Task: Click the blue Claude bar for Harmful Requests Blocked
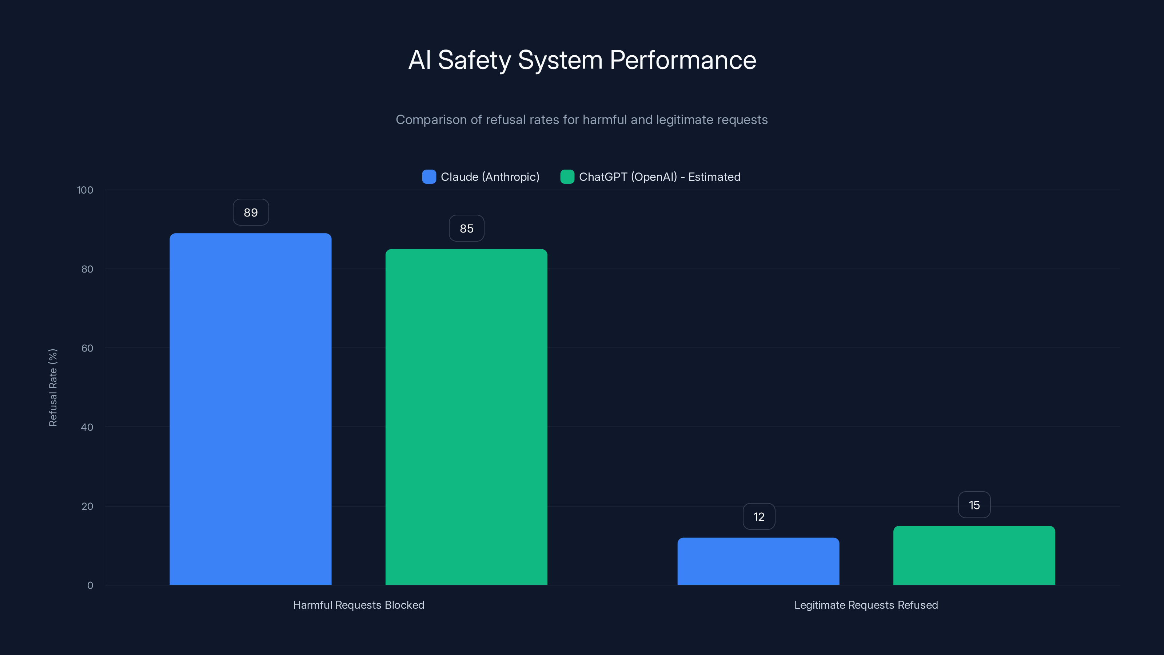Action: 250,409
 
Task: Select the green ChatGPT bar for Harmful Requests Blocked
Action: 466,417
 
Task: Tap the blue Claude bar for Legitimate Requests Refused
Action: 758,561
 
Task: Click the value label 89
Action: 251,213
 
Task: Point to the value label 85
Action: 466,228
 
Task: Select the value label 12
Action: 759,517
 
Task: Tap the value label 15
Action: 974,505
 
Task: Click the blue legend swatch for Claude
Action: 429,177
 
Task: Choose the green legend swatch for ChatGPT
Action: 567,177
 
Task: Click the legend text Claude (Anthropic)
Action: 490,177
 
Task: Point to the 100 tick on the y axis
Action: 85,190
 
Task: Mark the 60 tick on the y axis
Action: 87,348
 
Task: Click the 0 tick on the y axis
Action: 90,585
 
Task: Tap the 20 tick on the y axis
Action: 87,506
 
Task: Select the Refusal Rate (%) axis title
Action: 53,388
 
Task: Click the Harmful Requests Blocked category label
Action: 358,605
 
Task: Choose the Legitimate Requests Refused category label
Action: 866,605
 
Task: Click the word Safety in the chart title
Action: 474,60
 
